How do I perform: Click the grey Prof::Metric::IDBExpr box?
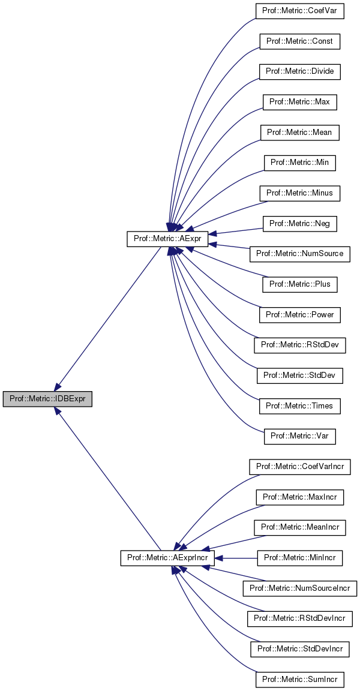[47, 399]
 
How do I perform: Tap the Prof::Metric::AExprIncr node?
[167, 558]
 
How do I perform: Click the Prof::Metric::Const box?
[299, 41]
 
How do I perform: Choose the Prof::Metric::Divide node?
[299, 71]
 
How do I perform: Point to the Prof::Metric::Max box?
[299, 102]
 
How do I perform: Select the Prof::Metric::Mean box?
[299, 133]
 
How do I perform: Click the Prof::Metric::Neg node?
[299, 224]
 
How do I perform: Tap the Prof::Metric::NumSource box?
[299, 254]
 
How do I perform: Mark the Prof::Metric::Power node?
[299, 315]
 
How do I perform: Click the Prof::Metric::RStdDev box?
[299, 345]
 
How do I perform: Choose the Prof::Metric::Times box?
[299, 406]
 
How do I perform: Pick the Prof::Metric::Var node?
[299, 436]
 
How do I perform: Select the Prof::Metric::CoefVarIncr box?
[299, 467]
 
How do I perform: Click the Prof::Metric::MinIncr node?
[299, 558]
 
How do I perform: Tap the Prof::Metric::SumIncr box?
[299, 680]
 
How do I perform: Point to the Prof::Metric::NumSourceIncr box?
[299, 588]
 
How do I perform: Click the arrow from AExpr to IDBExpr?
[108, 318]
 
